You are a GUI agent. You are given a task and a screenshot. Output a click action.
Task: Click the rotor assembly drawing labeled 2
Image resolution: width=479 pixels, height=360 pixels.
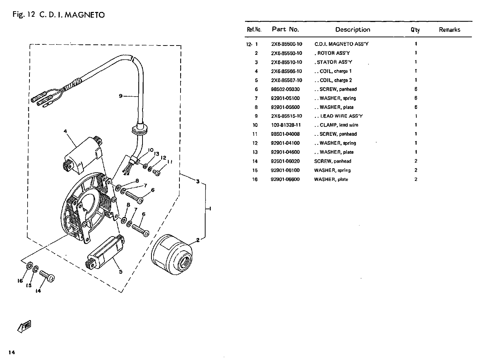pyautogui.click(x=172, y=254)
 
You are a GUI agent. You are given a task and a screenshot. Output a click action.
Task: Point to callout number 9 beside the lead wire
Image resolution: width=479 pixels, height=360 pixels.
pyautogui.click(x=120, y=96)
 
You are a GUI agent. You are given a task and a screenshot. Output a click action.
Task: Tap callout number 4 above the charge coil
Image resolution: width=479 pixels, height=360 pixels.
pyautogui.click(x=65, y=131)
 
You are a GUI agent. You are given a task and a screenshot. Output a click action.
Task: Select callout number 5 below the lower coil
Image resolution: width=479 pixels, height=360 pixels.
pyautogui.click(x=120, y=272)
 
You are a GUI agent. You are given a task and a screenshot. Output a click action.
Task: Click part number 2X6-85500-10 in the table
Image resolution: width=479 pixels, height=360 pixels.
pyautogui.click(x=287, y=44)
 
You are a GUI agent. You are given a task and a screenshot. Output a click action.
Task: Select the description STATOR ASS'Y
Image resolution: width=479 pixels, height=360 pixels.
pyautogui.click(x=334, y=62)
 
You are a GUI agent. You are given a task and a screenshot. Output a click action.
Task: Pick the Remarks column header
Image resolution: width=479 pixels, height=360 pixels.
pyautogui.click(x=450, y=30)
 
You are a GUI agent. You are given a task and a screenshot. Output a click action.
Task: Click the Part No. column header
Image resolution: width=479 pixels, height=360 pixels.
pyautogui.click(x=285, y=29)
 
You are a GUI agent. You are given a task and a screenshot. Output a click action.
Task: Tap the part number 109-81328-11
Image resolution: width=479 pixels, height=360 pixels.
pyautogui.click(x=286, y=125)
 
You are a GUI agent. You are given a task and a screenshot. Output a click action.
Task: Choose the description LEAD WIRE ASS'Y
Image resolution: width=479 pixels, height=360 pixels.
pyautogui.click(x=341, y=116)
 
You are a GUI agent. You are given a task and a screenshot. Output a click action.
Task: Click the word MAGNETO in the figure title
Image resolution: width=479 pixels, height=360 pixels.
pyautogui.click(x=85, y=15)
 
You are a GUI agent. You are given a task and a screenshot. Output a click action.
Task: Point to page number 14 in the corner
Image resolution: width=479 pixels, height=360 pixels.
pyautogui.click(x=12, y=352)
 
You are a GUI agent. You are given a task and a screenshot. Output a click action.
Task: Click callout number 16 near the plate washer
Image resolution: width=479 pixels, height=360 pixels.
pyautogui.click(x=20, y=281)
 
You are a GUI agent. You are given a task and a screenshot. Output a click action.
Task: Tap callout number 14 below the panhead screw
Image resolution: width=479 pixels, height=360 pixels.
pyautogui.click(x=38, y=291)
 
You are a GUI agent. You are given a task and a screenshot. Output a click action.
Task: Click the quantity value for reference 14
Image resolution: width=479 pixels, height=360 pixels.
pyautogui.click(x=416, y=161)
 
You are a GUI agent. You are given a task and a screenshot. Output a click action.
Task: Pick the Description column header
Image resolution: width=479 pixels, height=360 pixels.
pyautogui.click(x=353, y=29)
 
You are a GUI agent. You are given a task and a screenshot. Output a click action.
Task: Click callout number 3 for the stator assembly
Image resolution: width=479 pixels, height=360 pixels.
pyautogui.click(x=197, y=182)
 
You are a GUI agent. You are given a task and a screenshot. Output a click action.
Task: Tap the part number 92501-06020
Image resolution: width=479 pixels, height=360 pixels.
pyautogui.click(x=285, y=161)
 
